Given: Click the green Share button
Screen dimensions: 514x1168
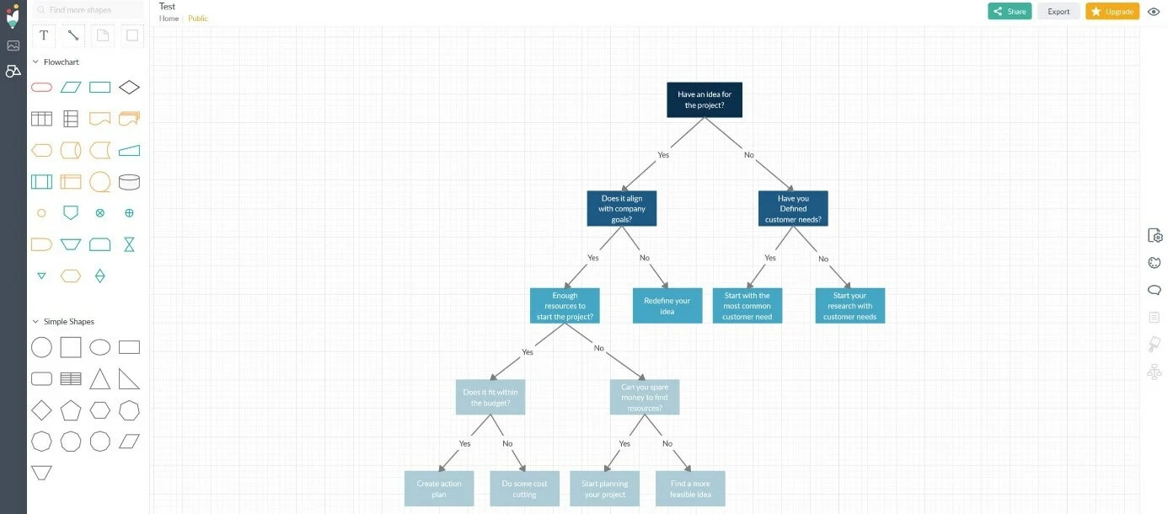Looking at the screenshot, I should (1010, 12).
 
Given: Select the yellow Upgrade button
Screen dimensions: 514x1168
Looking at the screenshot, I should (1112, 12).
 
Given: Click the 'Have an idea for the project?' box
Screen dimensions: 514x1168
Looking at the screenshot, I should (705, 99).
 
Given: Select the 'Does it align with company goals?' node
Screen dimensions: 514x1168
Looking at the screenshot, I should (622, 209).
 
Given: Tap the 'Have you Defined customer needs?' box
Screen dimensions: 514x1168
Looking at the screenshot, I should (793, 209).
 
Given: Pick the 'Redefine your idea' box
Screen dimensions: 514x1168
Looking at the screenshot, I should (667, 306).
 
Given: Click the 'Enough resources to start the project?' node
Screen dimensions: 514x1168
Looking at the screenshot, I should (565, 306).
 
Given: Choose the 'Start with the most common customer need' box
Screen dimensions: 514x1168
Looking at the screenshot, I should (747, 306).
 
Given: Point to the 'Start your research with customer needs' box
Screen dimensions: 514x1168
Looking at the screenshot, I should (849, 306).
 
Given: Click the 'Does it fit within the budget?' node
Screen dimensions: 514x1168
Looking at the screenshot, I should (490, 397).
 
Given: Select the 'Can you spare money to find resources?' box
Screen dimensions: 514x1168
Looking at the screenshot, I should (645, 397).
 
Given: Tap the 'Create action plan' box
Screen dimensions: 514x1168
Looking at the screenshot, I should (439, 489).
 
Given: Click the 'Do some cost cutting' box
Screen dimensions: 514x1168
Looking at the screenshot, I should (524, 489).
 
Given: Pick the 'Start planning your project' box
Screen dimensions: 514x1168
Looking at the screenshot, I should (604, 489).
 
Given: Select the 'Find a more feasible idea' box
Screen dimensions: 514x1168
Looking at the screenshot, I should (690, 489).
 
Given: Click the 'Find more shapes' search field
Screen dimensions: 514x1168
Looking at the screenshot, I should (88, 10).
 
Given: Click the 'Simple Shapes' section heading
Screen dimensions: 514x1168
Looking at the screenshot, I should (69, 322).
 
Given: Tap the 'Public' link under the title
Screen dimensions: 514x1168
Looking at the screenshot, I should (198, 19).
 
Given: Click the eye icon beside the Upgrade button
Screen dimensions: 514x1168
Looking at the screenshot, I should (1154, 12).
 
